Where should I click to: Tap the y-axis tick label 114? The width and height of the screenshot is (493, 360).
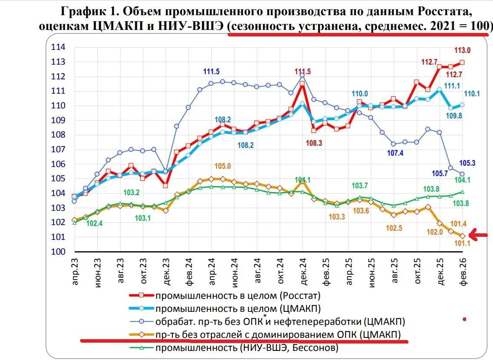[58, 47]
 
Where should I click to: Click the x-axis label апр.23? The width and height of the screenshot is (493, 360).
[76, 269]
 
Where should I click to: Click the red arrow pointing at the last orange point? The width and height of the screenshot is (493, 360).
[480, 236]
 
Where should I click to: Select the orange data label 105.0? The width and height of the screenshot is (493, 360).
[222, 167]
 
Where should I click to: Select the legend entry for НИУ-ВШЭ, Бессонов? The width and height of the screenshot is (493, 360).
[246, 348]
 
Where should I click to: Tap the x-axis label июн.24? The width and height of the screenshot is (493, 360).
[235, 269]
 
